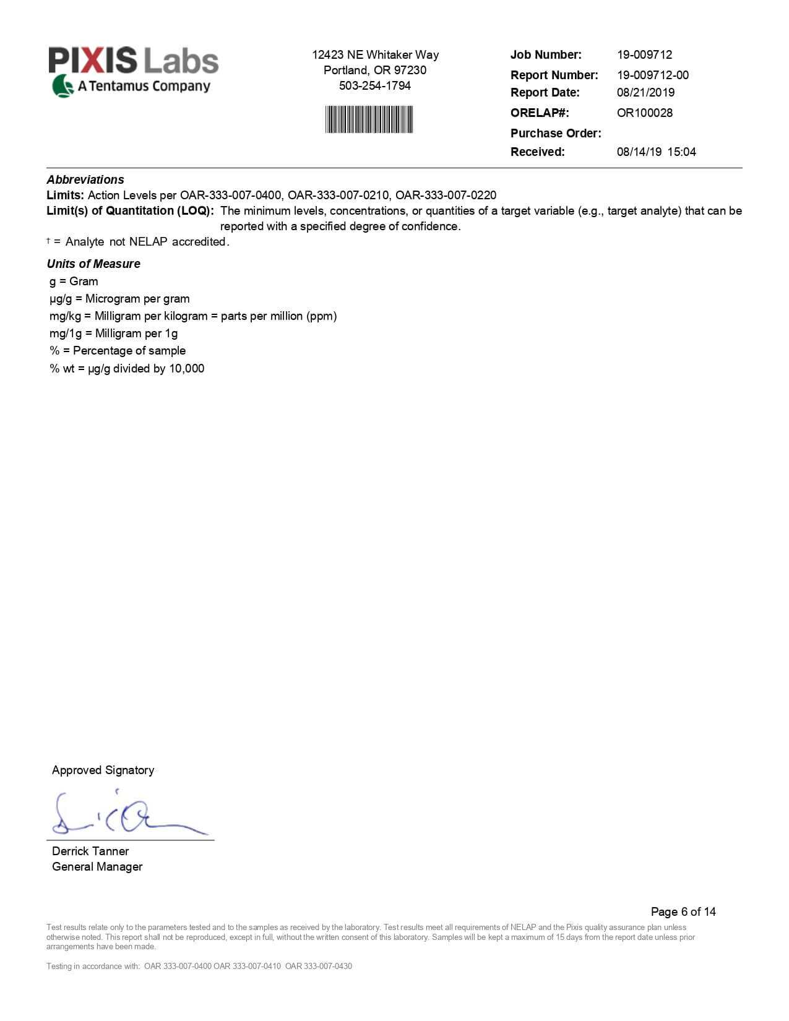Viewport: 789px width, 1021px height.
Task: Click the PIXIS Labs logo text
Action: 133,61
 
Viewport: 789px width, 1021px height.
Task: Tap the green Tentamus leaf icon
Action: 63,86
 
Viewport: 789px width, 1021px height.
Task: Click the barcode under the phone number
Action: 369,119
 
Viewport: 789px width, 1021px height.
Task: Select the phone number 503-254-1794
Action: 374,86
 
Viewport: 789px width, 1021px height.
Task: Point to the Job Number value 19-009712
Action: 644,54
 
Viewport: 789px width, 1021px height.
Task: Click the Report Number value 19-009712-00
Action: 652,75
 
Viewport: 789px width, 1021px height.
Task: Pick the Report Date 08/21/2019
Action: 645,92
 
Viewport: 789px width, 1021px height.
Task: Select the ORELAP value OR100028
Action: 644,113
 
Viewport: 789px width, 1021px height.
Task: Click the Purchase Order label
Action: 555,133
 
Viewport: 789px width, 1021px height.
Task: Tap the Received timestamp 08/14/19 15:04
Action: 656,152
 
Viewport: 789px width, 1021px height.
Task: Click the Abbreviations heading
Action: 85,179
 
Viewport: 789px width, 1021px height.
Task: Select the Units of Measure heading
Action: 93,264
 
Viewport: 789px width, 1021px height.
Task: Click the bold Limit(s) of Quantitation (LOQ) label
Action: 130,210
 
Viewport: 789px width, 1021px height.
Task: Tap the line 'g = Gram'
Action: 74,281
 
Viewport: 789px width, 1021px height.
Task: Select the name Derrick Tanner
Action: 90,851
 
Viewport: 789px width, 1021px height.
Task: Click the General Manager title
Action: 97,866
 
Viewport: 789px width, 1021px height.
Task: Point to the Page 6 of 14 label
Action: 683,911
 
